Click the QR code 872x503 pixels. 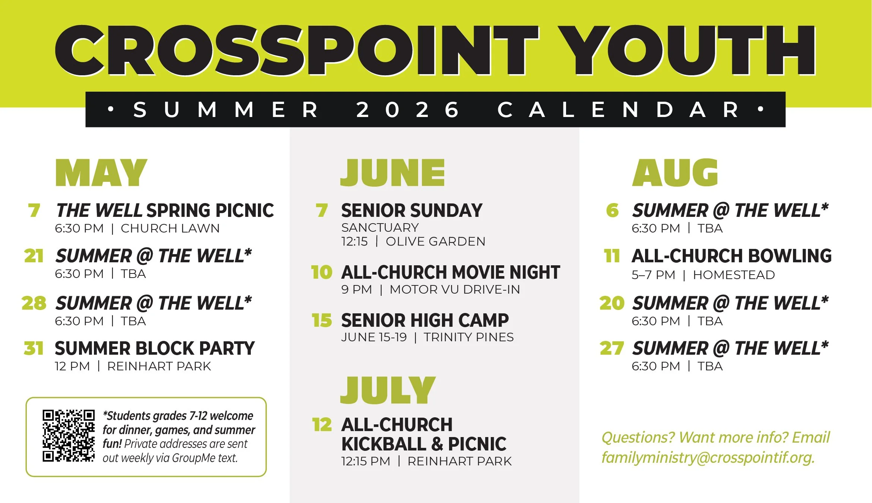(x=69, y=436)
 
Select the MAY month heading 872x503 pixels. (x=101, y=173)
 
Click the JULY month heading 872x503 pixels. (x=388, y=390)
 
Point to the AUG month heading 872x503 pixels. (x=675, y=173)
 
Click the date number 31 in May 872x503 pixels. (x=34, y=349)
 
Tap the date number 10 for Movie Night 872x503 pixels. (x=322, y=272)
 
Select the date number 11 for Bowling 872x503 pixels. (x=612, y=256)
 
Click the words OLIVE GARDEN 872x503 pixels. (x=436, y=241)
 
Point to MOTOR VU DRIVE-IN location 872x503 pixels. (x=455, y=290)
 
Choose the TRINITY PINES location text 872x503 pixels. (x=469, y=337)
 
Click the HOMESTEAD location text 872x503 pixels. (x=734, y=275)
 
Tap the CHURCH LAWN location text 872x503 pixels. (x=170, y=228)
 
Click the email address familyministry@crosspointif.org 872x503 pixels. (x=708, y=458)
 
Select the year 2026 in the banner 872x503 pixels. (x=407, y=110)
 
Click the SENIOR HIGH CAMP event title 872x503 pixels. (x=425, y=320)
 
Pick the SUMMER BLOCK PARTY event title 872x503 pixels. (x=155, y=349)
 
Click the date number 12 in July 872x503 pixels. (x=322, y=425)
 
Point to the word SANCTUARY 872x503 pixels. (x=380, y=228)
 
